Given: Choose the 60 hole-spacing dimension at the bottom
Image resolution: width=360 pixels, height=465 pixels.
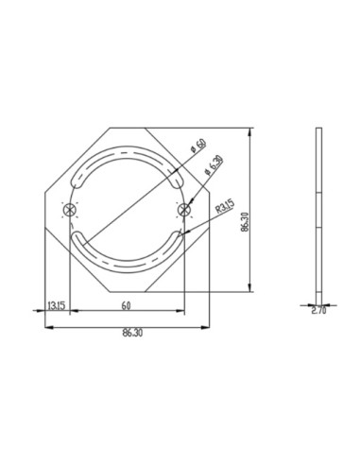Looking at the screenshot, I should click(x=125, y=306).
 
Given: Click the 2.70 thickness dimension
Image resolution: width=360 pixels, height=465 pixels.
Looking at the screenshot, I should click(x=318, y=308).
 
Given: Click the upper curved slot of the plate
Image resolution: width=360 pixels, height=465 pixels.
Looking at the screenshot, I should click(x=127, y=152).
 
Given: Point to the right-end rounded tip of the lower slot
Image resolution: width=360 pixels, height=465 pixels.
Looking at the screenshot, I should click(x=180, y=234).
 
